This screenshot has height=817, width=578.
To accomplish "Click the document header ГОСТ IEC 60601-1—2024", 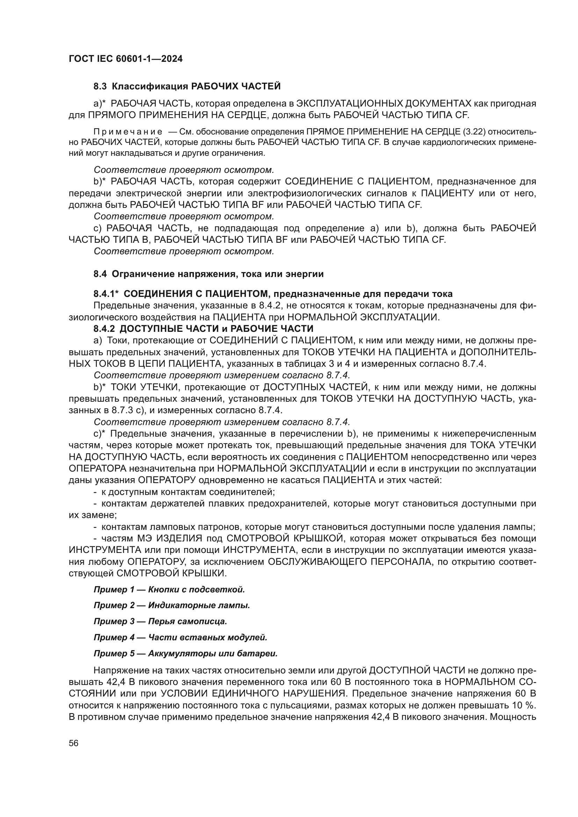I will click(125, 59).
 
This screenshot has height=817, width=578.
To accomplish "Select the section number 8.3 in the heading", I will click(101, 87).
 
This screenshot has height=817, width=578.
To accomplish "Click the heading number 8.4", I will click(101, 274).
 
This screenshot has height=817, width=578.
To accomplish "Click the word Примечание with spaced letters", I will click(128, 132).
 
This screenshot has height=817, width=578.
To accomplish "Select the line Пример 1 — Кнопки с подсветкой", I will click(169, 590).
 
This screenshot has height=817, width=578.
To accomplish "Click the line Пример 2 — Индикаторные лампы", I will click(172, 605).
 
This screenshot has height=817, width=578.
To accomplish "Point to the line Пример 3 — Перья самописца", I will click(160, 621).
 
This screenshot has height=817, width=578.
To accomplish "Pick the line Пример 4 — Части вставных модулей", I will click(180, 637).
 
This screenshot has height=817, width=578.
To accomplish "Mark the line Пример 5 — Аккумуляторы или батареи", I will click(186, 653).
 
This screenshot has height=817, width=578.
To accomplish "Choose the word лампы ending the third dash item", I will click(524, 527).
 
